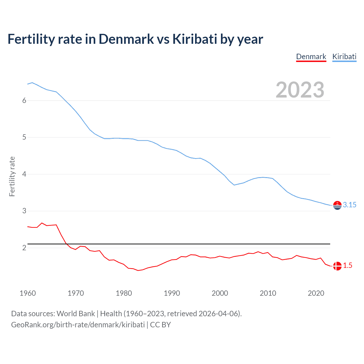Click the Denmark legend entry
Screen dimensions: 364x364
coord(311,57)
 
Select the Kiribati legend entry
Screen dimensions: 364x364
coord(344,57)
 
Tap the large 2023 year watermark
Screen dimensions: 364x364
coord(300,90)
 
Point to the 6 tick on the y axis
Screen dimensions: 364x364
coord(24,100)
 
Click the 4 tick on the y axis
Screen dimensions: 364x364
coord(24,174)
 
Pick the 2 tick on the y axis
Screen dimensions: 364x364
coord(24,248)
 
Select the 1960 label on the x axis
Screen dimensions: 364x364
coord(28,293)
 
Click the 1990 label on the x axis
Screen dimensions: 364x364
coord(172,293)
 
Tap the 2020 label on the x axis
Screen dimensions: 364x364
coord(316,293)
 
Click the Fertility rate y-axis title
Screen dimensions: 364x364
coord(12,176)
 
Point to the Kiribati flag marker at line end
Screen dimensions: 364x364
coord(337,205)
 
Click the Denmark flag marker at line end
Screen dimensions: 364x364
coord(337,266)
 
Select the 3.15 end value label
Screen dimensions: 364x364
coord(349,205)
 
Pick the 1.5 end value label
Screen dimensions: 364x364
coord(348,266)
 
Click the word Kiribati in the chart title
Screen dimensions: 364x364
coord(195,39)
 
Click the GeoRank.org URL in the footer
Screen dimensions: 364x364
coord(78,325)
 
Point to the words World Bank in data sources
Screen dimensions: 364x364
coord(76,314)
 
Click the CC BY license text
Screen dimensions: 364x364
coord(160,325)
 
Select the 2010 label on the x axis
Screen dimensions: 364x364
coord(268,293)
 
